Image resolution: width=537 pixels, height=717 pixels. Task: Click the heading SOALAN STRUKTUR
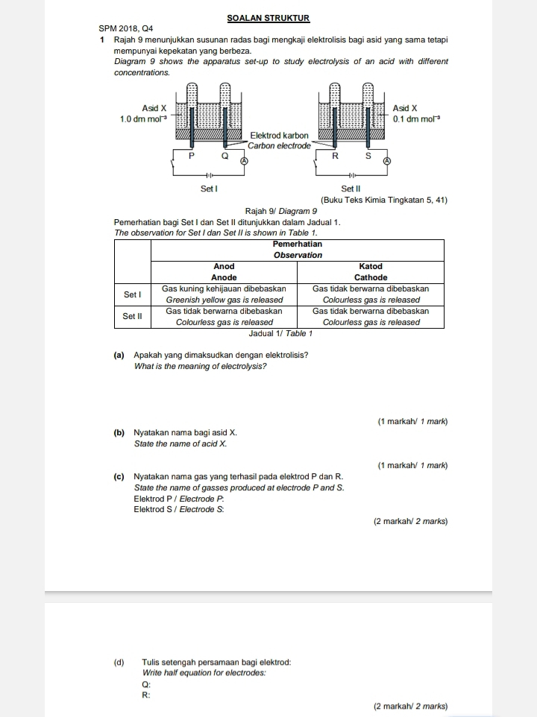coord(268,18)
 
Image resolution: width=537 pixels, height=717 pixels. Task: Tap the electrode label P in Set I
coord(190,157)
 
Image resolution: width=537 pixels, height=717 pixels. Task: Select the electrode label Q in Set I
coord(223,157)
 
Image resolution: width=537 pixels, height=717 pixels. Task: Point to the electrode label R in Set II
coord(335,157)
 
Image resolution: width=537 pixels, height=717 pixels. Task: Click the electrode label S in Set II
coord(368,157)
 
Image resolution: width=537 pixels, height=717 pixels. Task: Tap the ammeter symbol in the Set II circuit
coord(387,161)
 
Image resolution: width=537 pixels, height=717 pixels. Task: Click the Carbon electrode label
coord(279,145)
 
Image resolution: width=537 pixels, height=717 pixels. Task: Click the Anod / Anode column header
coord(224,271)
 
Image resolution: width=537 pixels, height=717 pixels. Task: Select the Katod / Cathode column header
coord(370,271)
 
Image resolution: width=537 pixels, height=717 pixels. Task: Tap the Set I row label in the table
coord(132,294)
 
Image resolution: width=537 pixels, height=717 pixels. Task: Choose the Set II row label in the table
coord(132,317)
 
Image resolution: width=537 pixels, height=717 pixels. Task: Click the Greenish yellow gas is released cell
coord(224,300)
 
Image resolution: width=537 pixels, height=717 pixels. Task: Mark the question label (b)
coord(119,432)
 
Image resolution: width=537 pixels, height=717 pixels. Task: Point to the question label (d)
coord(119,662)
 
